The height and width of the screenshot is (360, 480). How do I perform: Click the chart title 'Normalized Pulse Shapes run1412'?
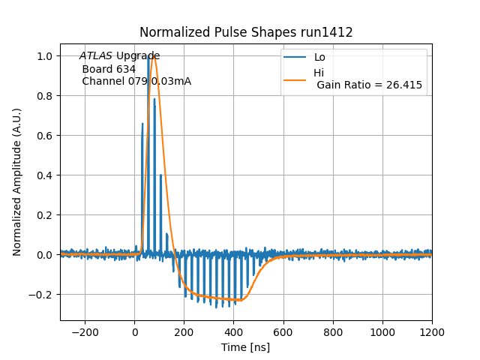(x=246, y=32)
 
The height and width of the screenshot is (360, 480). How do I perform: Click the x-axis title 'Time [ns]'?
(x=245, y=347)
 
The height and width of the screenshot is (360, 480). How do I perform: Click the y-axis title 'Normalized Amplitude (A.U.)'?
(x=17, y=182)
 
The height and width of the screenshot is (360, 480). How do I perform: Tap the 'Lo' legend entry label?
(x=319, y=57)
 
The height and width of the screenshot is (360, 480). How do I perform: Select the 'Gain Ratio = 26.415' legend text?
(x=369, y=85)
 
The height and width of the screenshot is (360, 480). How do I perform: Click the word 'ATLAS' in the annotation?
(x=96, y=56)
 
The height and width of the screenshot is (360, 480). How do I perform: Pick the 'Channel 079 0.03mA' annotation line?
(x=136, y=81)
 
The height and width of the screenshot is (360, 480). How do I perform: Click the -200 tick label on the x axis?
(x=85, y=331)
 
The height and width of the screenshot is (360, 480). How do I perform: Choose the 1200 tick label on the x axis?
(x=432, y=331)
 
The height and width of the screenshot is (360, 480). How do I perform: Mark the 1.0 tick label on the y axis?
(x=45, y=56)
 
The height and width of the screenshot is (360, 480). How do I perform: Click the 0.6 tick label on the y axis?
(x=45, y=136)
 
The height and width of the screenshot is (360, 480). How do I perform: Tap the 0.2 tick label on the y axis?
(x=45, y=215)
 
